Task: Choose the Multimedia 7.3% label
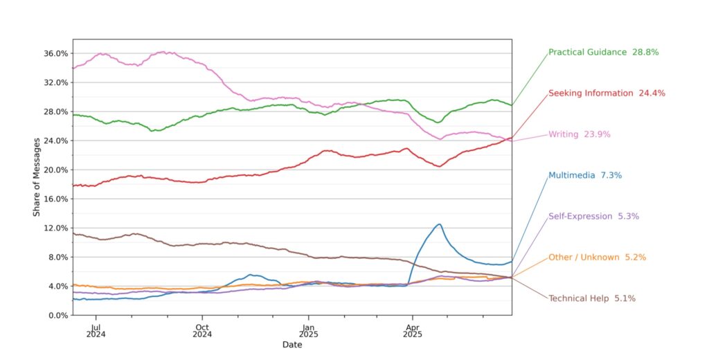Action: click(x=585, y=175)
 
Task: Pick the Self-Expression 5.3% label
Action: click(x=593, y=216)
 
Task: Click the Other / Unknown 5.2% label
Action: click(x=597, y=257)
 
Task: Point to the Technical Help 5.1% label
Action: click(x=592, y=298)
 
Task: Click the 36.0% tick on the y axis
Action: click(x=55, y=53)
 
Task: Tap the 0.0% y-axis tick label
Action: click(x=57, y=315)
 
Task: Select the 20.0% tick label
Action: click(x=55, y=170)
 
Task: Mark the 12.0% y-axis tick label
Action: click(x=55, y=228)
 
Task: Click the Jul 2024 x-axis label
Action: click(x=97, y=331)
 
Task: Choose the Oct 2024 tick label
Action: click(x=202, y=331)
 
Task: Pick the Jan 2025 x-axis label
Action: click(x=308, y=331)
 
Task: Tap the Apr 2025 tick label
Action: click(x=412, y=331)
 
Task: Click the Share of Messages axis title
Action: click(x=36, y=184)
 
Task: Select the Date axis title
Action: click(x=292, y=344)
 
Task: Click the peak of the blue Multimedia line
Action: click(x=439, y=224)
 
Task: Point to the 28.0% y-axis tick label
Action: click(x=55, y=111)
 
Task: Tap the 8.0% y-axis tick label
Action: click(x=57, y=257)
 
